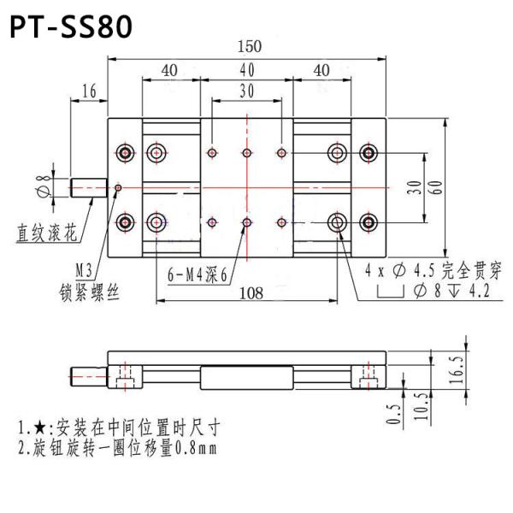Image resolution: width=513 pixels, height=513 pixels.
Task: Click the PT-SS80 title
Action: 71,27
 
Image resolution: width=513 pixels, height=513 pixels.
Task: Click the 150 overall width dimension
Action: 250,46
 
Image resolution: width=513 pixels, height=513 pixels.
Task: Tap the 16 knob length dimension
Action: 89,91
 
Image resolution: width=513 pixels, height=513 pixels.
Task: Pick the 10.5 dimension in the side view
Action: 417,405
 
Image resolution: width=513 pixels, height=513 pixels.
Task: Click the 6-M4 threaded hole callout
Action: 198,274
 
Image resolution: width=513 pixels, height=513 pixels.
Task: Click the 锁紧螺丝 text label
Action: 90,292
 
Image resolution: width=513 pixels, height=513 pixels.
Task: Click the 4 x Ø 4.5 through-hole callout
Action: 432,270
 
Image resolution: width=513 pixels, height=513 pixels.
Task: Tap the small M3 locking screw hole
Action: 118,187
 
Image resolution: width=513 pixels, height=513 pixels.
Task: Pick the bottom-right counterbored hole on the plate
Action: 369,222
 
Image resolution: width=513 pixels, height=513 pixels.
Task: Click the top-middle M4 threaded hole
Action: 246,153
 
